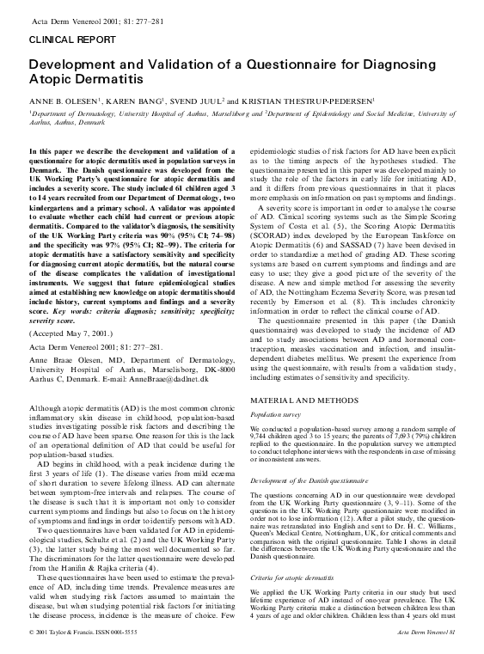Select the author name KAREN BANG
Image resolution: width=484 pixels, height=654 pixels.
coord(124,99)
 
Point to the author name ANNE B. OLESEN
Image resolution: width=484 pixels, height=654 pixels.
coord(62,99)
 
